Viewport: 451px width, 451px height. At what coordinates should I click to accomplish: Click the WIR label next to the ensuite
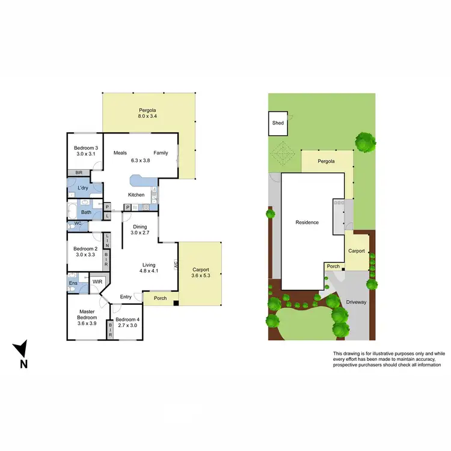click(97, 281)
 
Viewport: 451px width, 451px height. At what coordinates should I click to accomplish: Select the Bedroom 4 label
click(127, 319)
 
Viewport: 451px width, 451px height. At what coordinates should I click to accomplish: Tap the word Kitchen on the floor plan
click(136, 195)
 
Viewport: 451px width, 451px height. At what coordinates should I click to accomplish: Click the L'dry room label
click(84, 189)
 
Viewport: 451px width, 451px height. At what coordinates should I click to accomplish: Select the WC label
click(78, 224)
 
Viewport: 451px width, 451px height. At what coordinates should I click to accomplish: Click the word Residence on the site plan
click(307, 222)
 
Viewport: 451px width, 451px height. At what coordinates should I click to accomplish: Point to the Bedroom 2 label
click(85, 252)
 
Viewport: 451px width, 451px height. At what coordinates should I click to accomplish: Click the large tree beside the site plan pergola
click(364, 143)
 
